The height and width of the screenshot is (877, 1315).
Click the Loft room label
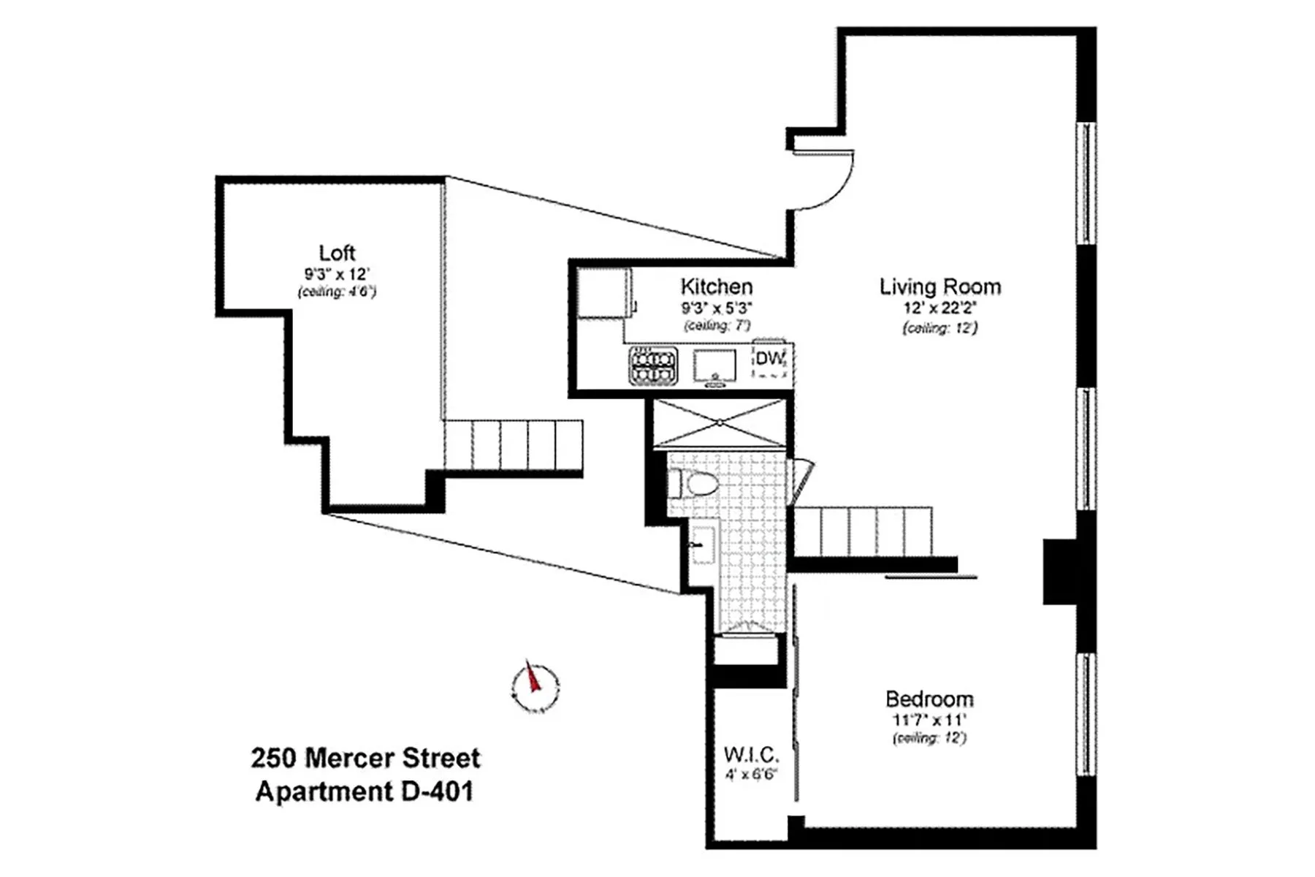point(337,253)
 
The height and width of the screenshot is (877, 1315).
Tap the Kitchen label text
point(716,286)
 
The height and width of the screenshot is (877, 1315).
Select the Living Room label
point(939,286)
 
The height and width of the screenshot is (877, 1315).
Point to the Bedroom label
point(929,699)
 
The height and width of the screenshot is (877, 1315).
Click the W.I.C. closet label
point(751,754)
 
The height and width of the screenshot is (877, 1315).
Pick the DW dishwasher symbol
point(770,360)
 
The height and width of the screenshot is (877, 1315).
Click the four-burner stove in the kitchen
point(653,365)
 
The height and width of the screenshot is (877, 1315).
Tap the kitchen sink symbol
point(714,365)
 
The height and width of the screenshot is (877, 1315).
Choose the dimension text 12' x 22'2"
point(939,308)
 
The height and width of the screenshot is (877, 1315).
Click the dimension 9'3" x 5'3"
point(716,308)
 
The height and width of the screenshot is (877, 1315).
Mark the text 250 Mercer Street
point(365,758)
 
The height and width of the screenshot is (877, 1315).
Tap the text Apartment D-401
point(364,791)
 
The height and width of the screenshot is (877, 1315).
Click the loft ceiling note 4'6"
point(337,292)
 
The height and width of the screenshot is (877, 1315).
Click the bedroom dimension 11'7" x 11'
point(929,720)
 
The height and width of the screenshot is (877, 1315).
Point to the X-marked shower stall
point(720,422)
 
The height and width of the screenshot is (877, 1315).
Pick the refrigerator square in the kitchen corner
point(603,293)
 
